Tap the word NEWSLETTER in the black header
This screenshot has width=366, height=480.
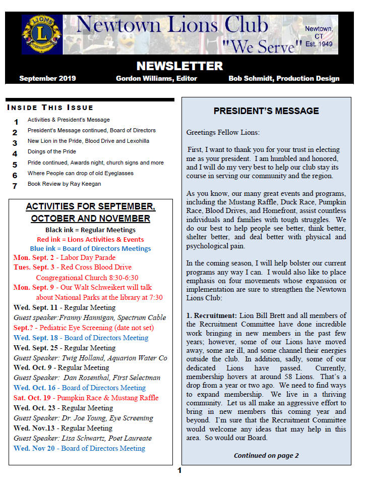click(x=179, y=66)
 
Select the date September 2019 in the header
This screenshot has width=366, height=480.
click(x=47, y=78)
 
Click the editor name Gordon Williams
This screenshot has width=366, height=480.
click(x=156, y=78)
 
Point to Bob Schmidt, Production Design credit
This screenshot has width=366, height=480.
click(x=284, y=78)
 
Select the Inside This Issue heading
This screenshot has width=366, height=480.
click(x=50, y=108)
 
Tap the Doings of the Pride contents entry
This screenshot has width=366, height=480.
click(x=52, y=152)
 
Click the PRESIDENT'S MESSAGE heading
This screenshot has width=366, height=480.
click(x=266, y=111)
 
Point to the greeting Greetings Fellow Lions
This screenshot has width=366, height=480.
click(x=223, y=133)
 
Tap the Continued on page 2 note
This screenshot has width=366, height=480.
click(x=266, y=455)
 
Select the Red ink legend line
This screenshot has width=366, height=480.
click(x=90, y=239)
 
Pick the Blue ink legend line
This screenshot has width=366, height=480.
click(x=90, y=248)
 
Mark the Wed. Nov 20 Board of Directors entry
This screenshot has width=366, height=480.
click(x=79, y=448)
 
